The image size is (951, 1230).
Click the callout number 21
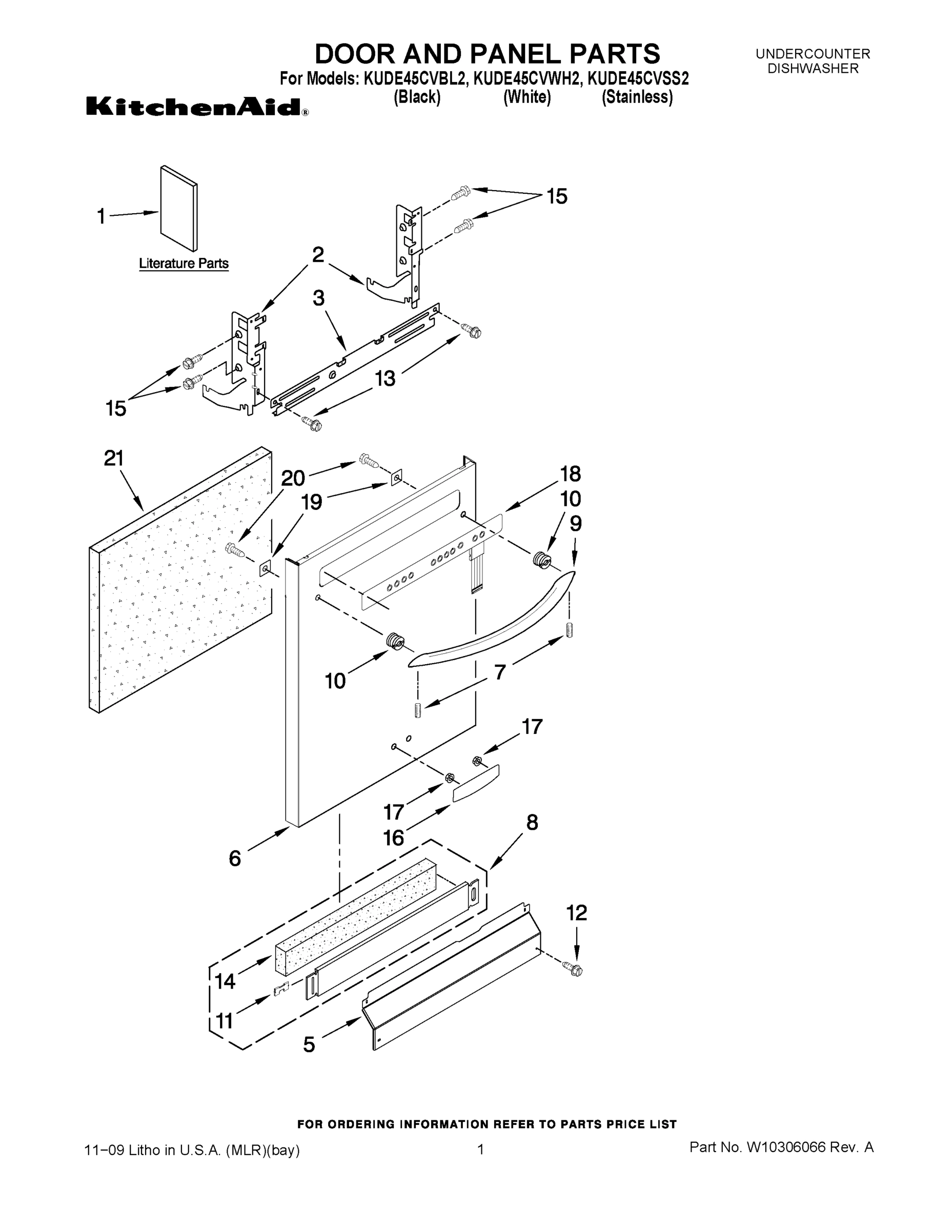(x=114, y=459)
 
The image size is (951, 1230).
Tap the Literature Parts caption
(x=184, y=263)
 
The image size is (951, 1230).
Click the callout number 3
(x=319, y=298)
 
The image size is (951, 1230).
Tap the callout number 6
(x=235, y=858)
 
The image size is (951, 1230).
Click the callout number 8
(x=532, y=823)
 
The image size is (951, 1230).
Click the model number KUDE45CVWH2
(x=526, y=78)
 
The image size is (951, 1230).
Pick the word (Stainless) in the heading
(x=637, y=97)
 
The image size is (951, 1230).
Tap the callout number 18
(x=570, y=474)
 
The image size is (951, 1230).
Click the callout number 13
(x=386, y=378)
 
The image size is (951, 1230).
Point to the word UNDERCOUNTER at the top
(x=813, y=54)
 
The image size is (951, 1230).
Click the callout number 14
(x=225, y=981)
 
